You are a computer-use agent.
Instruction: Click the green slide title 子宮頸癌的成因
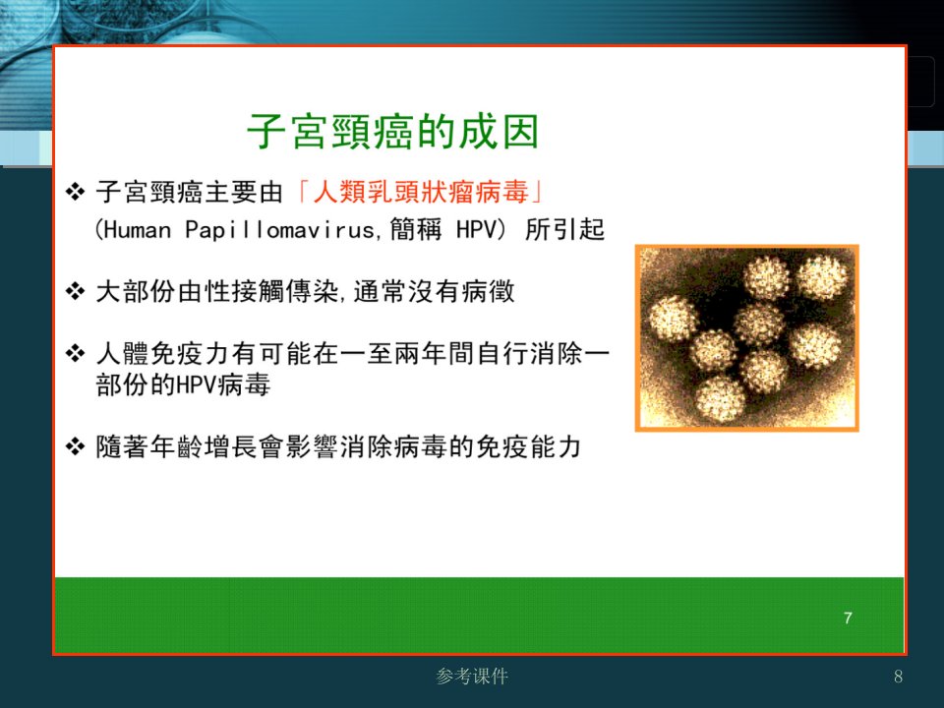pyautogui.click(x=392, y=131)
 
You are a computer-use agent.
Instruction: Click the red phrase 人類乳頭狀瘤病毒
pyautogui.click(x=421, y=192)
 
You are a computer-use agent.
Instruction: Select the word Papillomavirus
pyautogui.click(x=279, y=229)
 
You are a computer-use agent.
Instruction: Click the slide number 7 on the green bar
pyautogui.click(x=848, y=618)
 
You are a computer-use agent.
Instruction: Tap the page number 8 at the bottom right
pyautogui.click(x=898, y=677)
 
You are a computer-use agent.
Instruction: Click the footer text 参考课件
pyautogui.click(x=472, y=677)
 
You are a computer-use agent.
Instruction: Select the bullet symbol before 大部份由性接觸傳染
pyautogui.click(x=76, y=291)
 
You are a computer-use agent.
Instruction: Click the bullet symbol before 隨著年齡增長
pyautogui.click(x=76, y=446)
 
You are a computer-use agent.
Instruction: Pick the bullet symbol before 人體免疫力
pyautogui.click(x=76, y=353)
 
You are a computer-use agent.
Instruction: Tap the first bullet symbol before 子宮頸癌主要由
pyautogui.click(x=76, y=192)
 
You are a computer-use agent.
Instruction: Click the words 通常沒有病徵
pyautogui.click(x=434, y=291)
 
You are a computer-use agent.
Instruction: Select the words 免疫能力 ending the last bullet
pyautogui.click(x=528, y=446)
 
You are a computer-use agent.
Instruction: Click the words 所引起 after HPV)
pyautogui.click(x=564, y=229)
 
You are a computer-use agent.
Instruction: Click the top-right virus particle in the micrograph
pyautogui.click(x=822, y=277)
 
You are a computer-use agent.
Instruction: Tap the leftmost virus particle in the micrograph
pyautogui.click(x=673, y=319)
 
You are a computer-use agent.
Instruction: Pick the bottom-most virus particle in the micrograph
pyautogui.click(x=720, y=398)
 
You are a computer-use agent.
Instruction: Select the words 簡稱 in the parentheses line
pyautogui.click(x=415, y=229)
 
